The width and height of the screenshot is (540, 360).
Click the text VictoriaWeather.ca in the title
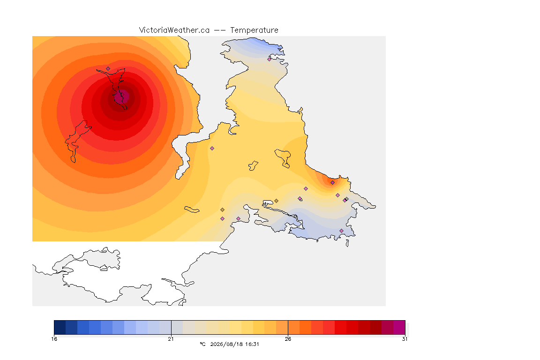[x=174, y=30]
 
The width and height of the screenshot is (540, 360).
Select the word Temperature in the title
[x=254, y=30]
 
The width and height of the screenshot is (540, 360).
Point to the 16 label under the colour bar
[x=54, y=339]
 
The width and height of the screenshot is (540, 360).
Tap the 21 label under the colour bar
[x=171, y=339]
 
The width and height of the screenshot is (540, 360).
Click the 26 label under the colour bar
[x=288, y=339]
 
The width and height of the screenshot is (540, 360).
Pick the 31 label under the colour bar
[x=405, y=339]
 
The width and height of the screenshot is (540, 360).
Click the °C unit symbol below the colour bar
[x=202, y=344]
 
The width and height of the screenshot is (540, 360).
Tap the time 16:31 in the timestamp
[x=253, y=344]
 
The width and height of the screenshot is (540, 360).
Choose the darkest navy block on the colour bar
[x=60, y=327]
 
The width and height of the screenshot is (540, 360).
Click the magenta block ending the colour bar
[x=399, y=327]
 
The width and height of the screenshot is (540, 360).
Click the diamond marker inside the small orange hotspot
[x=332, y=183]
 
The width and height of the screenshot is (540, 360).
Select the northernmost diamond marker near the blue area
[x=270, y=59]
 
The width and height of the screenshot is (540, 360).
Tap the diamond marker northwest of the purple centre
[x=108, y=69]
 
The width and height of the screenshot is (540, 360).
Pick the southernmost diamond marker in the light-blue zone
[x=341, y=231]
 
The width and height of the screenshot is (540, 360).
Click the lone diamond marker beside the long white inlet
[x=212, y=149]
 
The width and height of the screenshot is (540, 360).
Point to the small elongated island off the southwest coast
[x=192, y=210]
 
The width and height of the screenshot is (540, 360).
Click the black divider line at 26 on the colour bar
[x=288, y=327]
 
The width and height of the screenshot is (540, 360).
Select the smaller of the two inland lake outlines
[x=254, y=166]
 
